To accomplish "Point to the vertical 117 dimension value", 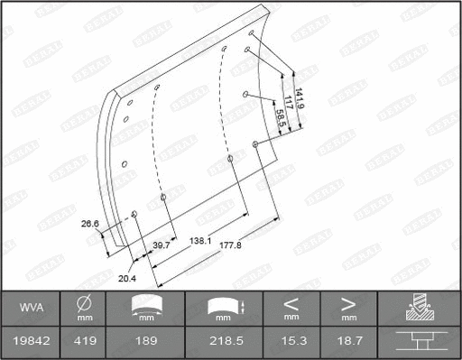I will click(x=286, y=105).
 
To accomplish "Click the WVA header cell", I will click(x=29, y=309).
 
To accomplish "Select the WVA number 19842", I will click(x=29, y=341).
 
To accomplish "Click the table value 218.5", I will click(x=223, y=341).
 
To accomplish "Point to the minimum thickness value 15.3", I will click(x=291, y=341).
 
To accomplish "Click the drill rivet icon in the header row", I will click(x=421, y=308).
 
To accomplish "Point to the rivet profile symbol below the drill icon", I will click(x=421, y=341).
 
